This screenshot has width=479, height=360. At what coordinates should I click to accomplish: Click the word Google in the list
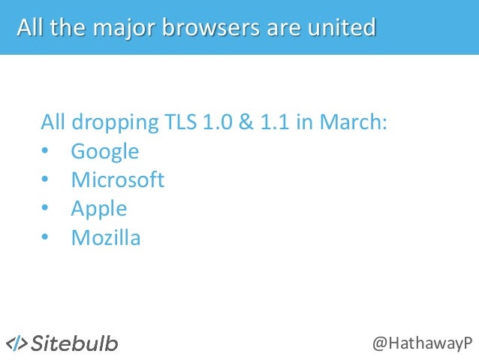(104, 151)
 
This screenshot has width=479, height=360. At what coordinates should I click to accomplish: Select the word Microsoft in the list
(117, 180)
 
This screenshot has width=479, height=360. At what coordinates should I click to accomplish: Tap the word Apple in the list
(98, 209)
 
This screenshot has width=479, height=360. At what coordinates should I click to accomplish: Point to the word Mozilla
(106, 238)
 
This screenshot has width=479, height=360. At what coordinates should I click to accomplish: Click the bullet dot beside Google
(45, 152)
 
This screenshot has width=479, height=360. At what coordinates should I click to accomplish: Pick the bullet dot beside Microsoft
(45, 180)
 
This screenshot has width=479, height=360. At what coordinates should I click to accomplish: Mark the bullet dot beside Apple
(45, 209)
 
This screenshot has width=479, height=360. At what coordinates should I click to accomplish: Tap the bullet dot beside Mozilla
(45, 238)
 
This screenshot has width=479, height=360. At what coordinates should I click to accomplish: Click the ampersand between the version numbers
(247, 122)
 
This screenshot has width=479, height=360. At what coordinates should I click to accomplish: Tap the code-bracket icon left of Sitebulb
(17, 343)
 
